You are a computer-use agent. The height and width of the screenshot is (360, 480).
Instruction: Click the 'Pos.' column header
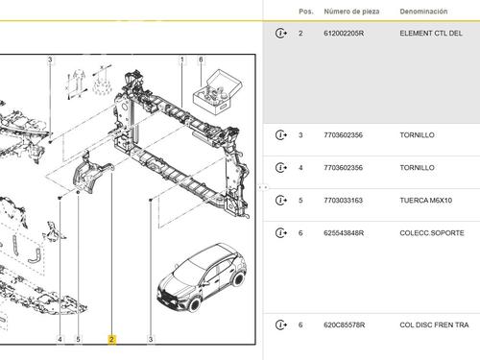(306, 12)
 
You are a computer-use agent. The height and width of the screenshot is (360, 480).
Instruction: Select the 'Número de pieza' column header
(351, 12)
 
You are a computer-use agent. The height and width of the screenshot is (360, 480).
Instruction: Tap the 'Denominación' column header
(423, 12)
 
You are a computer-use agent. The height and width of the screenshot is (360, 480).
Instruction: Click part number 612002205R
(344, 34)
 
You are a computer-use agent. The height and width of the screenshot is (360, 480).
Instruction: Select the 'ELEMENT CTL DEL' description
(431, 34)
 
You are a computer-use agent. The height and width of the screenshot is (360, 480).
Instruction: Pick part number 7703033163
(343, 201)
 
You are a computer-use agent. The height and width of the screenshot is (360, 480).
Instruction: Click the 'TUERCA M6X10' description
(425, 201)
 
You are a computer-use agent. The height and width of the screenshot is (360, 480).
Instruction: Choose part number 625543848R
(344, 233)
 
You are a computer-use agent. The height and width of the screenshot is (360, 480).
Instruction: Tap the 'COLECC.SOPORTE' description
(432, 233)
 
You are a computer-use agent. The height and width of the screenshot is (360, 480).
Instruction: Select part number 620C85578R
(344, 325)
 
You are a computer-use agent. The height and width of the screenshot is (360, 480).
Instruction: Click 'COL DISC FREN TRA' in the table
(434, 325)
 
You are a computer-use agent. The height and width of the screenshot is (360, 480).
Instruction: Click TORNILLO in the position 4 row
(417, 168)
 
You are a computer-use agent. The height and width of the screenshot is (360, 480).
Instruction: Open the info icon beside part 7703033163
(281, 201)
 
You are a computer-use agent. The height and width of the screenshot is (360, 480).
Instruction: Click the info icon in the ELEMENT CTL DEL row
(281, 34)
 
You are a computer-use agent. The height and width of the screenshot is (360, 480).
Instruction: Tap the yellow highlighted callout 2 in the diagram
(111, 339)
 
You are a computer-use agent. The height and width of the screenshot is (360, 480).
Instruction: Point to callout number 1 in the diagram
(182, 60)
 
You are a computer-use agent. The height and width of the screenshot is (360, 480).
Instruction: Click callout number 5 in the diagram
(78, 339)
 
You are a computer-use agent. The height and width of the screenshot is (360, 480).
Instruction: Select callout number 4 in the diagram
(60, 339)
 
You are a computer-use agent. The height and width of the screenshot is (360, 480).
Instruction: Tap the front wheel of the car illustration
(194, 303)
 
